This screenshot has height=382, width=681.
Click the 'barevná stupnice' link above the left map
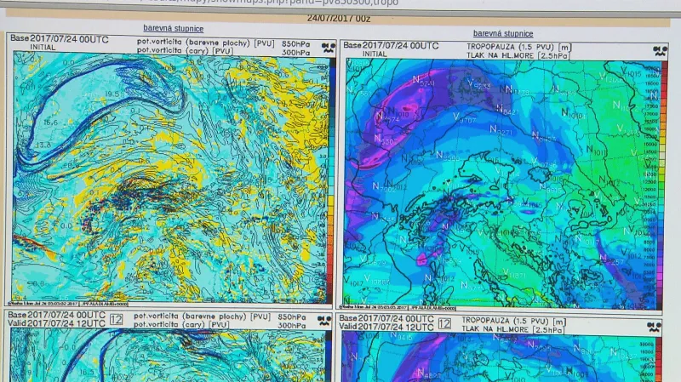[x=173, y=28]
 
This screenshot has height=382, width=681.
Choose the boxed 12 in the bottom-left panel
[x=116, y=321]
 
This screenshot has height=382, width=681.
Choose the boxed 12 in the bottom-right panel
[x=444, y=324]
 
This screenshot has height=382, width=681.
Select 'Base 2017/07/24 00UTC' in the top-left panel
[x=56, y=38]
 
